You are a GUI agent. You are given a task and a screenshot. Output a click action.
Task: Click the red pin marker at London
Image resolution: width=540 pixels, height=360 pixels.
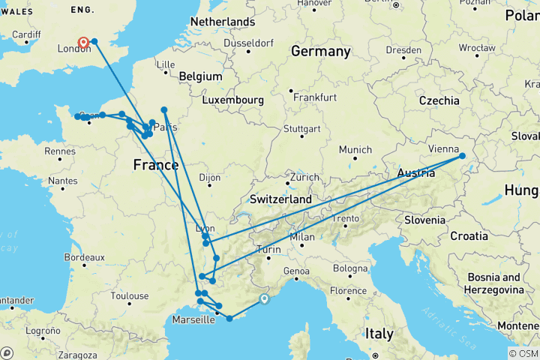(x=82, y=43)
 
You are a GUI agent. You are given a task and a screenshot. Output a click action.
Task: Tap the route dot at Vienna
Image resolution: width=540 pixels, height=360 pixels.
(x=462, y=156)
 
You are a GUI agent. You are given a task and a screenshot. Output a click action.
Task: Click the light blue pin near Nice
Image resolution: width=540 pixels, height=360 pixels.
(x=264, y=299)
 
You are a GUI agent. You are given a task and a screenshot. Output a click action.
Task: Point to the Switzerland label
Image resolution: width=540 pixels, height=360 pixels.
(x=280, y=200)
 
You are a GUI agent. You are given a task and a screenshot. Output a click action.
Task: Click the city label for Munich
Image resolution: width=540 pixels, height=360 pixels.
(x=355, y=150)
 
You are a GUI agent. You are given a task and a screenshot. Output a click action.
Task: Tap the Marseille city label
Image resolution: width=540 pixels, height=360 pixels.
(x=193, y=318)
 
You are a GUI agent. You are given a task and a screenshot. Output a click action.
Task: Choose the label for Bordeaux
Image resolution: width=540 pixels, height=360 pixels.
(x=84, y=257)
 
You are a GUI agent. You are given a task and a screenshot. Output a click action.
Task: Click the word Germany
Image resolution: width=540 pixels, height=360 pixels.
(x=320, y=52)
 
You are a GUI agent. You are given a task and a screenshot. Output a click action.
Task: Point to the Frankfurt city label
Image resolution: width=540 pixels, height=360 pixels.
(x=314, y=97)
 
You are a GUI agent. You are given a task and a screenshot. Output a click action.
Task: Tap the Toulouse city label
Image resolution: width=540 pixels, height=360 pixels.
(x=130, y=295)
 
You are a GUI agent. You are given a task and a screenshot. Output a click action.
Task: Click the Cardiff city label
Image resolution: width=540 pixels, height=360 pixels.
(x=26, y=34)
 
